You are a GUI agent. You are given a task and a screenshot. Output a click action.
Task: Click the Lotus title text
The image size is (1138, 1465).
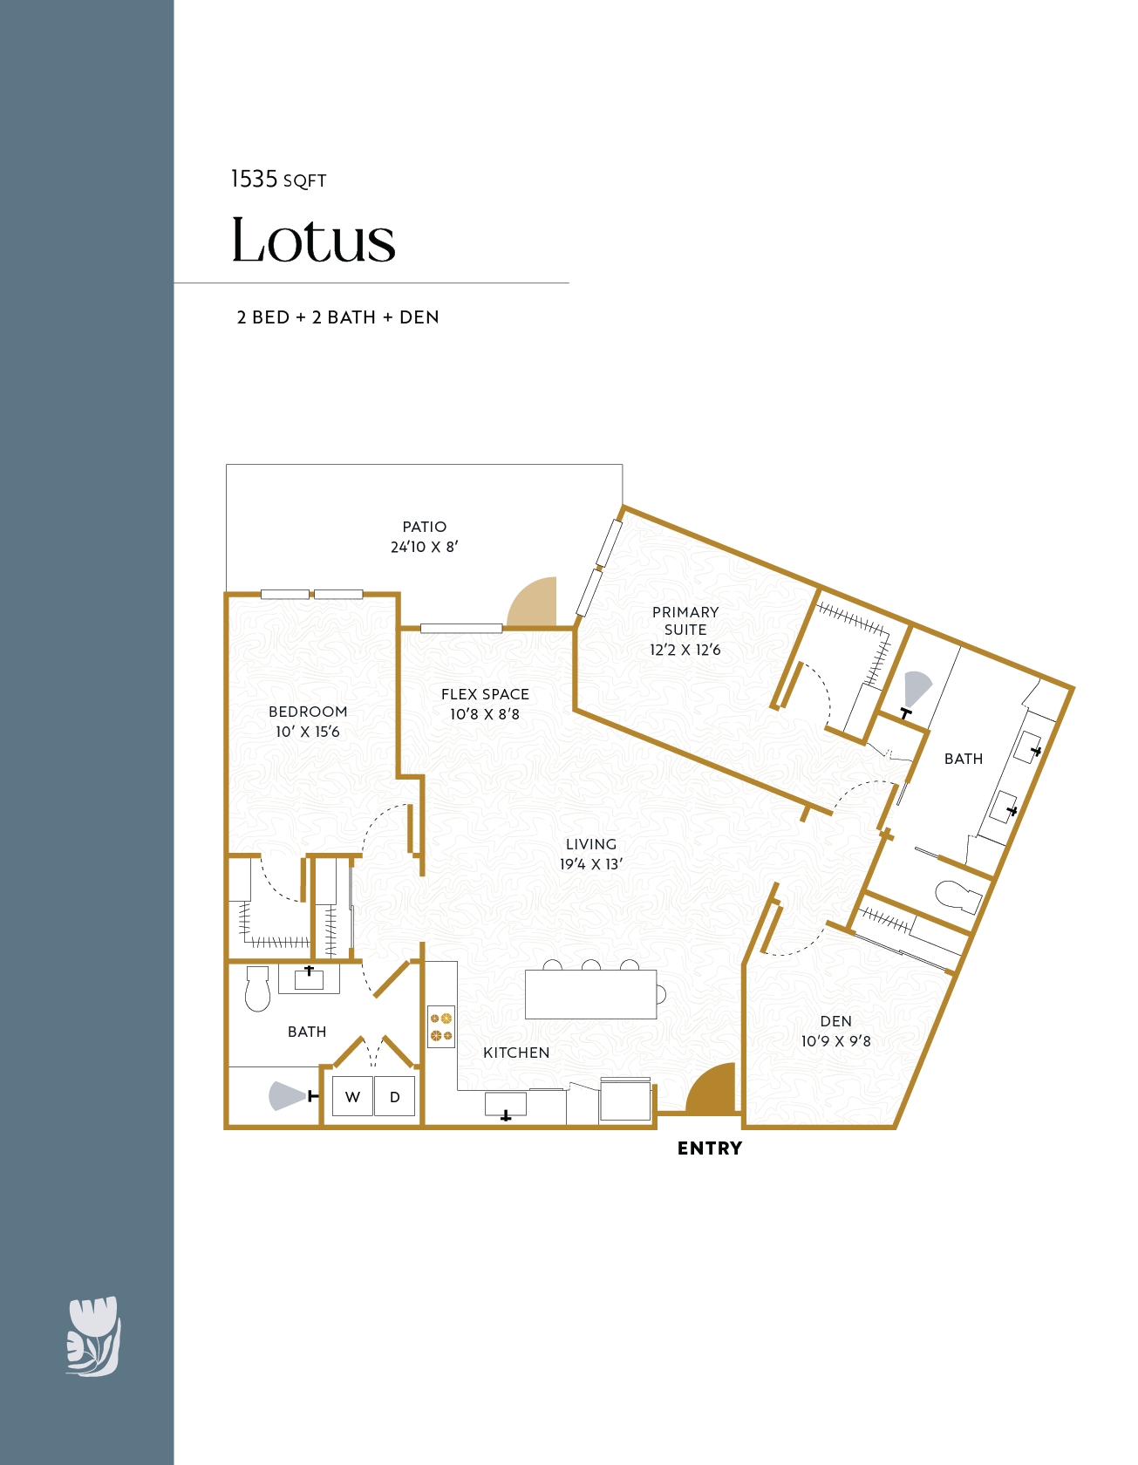313,240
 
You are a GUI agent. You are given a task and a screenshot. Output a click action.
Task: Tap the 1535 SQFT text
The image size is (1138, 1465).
278,180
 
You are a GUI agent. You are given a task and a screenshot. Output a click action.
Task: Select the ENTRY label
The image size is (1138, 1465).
710,1148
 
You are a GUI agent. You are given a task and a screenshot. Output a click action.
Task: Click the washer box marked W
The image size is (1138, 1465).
352,1097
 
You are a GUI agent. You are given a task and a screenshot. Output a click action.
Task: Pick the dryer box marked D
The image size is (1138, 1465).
395,1097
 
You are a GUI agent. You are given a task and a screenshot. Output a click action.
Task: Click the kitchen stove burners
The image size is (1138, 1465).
441,1026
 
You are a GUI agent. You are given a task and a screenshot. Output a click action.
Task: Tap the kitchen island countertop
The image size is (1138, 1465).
590,994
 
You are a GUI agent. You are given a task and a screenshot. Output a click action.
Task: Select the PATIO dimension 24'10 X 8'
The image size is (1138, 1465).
425,547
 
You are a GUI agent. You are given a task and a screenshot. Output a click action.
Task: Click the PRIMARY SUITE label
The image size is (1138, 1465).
685,621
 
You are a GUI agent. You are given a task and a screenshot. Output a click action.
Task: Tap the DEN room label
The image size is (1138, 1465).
835,1021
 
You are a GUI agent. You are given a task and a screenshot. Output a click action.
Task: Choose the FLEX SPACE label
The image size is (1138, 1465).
485,694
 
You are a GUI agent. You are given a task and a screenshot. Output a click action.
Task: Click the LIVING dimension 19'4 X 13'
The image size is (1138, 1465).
591,864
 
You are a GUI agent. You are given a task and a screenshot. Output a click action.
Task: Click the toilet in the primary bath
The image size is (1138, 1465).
957,896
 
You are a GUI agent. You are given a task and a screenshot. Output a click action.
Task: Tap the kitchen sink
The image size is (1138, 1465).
506,1104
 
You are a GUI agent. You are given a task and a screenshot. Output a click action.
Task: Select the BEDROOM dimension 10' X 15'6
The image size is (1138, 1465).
308,732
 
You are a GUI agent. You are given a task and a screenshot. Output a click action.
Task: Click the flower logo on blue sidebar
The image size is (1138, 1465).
93,1336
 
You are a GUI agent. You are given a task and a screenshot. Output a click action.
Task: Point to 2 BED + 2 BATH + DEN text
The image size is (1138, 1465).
338,317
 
